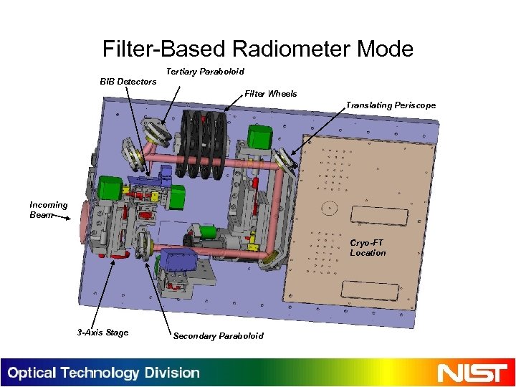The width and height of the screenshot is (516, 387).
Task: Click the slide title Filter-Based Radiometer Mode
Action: [x=258, y=49]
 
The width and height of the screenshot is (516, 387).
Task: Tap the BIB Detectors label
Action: [x=128, y=82]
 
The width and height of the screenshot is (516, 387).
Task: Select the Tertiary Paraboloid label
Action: [x=205, y=72]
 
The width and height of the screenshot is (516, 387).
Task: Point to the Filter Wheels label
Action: [x=271, y=94]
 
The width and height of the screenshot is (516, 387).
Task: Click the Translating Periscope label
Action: [x=391, y=105]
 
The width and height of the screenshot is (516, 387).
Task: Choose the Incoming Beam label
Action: [x=49, y=209]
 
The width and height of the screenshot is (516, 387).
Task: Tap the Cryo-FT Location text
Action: [x=368, y=248]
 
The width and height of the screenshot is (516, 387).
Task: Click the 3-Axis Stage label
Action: [x=102, y=332]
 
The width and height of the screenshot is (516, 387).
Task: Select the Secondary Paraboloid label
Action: [x=218, y=335]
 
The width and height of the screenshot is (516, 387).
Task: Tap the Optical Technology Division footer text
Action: [x=104, y=373]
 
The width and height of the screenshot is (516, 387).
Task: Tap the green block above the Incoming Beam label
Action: [x=110, y=187]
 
